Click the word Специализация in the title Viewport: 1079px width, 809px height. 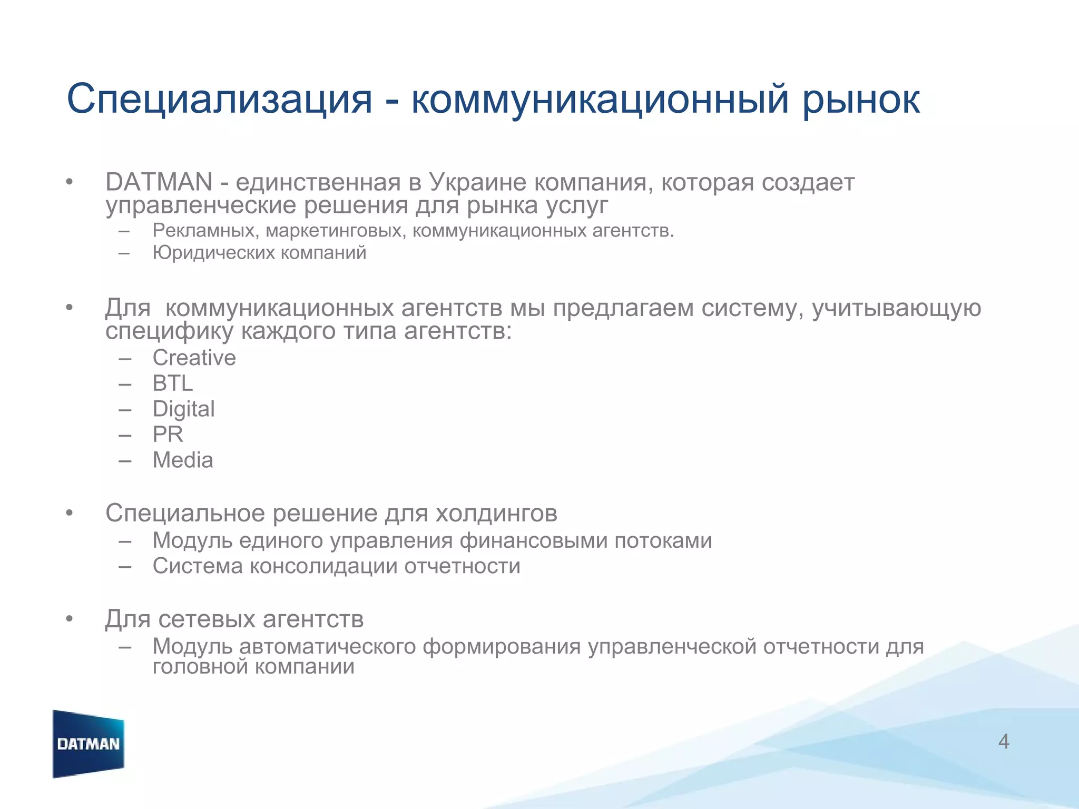219,99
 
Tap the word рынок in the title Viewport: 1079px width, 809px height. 861,99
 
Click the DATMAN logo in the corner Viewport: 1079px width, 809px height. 89,744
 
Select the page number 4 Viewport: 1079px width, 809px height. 1004,742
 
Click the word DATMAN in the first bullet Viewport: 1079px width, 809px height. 159,182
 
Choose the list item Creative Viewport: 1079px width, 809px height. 194,358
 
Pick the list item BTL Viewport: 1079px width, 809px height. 172,383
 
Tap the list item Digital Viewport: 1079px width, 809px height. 183,409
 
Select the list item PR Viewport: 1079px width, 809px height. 168,435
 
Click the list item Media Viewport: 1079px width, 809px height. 182,460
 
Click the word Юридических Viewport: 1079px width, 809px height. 213,253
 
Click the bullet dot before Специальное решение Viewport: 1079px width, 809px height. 69,514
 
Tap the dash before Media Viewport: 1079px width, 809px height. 125,461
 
